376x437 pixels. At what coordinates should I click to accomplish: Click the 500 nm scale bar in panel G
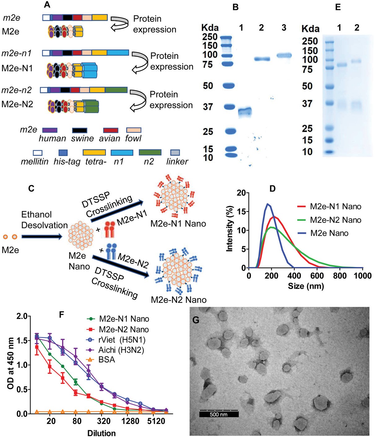pyautogui.click(x=219, y=414)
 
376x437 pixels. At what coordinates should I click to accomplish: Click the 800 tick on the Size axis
pyautogui.click(x=340, y=276)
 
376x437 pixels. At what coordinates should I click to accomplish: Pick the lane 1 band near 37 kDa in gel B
pyautogui.click(x=245, y=111)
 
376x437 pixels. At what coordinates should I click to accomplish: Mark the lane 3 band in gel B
pyautogui.click(x=284, y=56)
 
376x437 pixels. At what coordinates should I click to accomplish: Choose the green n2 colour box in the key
pyautogui.click(x=150, y=152)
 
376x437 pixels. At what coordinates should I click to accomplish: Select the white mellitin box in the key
pyautogui.click(x=37, y=152)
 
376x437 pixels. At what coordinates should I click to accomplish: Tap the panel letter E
pyautogui.click(x=338, y=7)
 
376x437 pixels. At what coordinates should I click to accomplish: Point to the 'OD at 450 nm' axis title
pyautogui.click(x=10, y=363)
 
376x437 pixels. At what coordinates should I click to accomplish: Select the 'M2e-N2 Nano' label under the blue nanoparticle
pyautogui.click(x=179, y=300)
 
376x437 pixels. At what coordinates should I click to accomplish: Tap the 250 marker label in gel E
pyautogui.click(x=310, y=41)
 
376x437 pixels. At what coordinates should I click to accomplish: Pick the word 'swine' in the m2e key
pyautogui.click(x=82, y=138)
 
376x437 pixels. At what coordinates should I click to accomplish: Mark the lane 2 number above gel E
pyautogui.click(x=357, y=28)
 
